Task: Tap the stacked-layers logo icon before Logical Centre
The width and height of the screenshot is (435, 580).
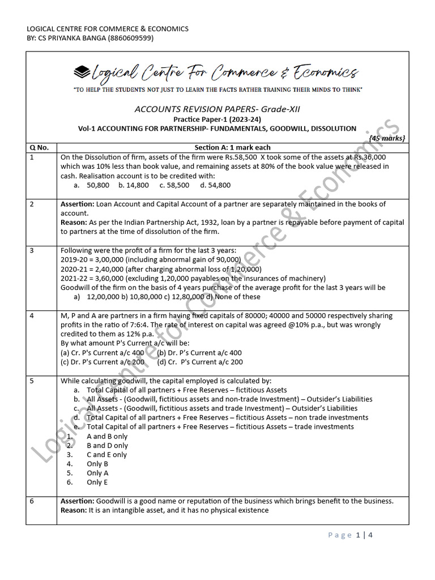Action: [82, 72]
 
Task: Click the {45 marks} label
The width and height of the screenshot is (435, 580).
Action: [387, 138]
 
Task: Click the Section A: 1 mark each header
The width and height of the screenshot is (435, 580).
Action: [232, 148]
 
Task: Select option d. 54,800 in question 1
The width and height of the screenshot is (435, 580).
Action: [216, 185]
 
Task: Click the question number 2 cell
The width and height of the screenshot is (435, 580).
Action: [32, 204]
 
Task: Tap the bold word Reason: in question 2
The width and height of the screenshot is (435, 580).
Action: [74, 223]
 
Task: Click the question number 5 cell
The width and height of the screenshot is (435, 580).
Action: [32, 381]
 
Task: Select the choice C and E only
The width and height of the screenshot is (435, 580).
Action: [106, 454]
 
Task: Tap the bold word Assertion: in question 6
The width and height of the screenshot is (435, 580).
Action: [78, 501]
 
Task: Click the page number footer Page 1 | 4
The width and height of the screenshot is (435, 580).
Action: [351, 535]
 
